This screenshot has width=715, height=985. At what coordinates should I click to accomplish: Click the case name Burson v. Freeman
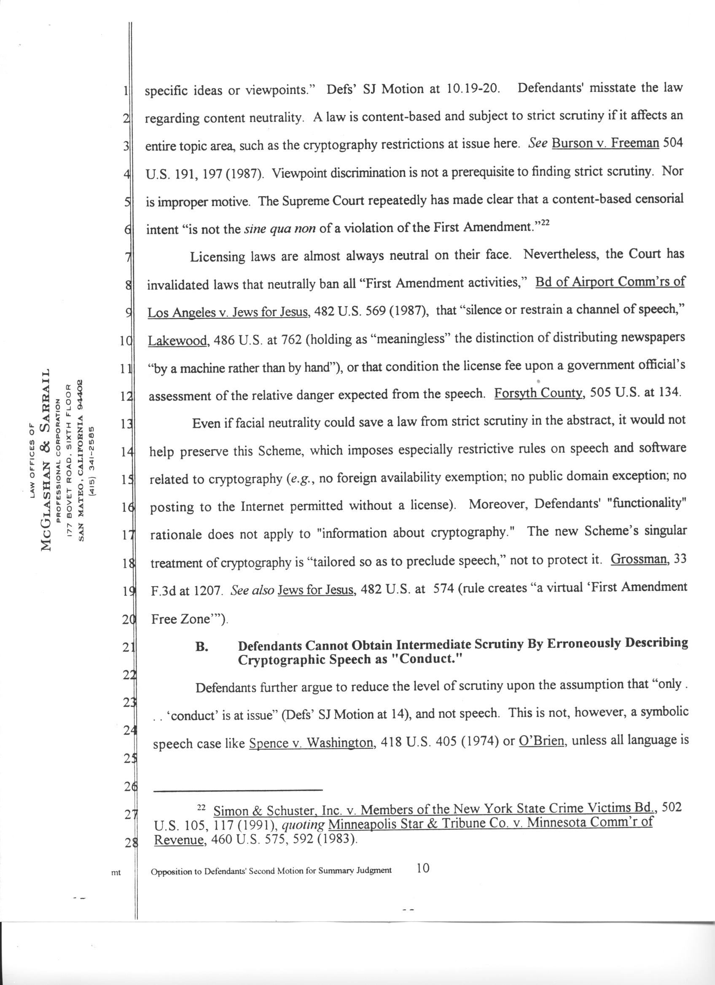tap(605, 143)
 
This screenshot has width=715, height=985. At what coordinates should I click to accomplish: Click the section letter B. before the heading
tap(202, 647)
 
